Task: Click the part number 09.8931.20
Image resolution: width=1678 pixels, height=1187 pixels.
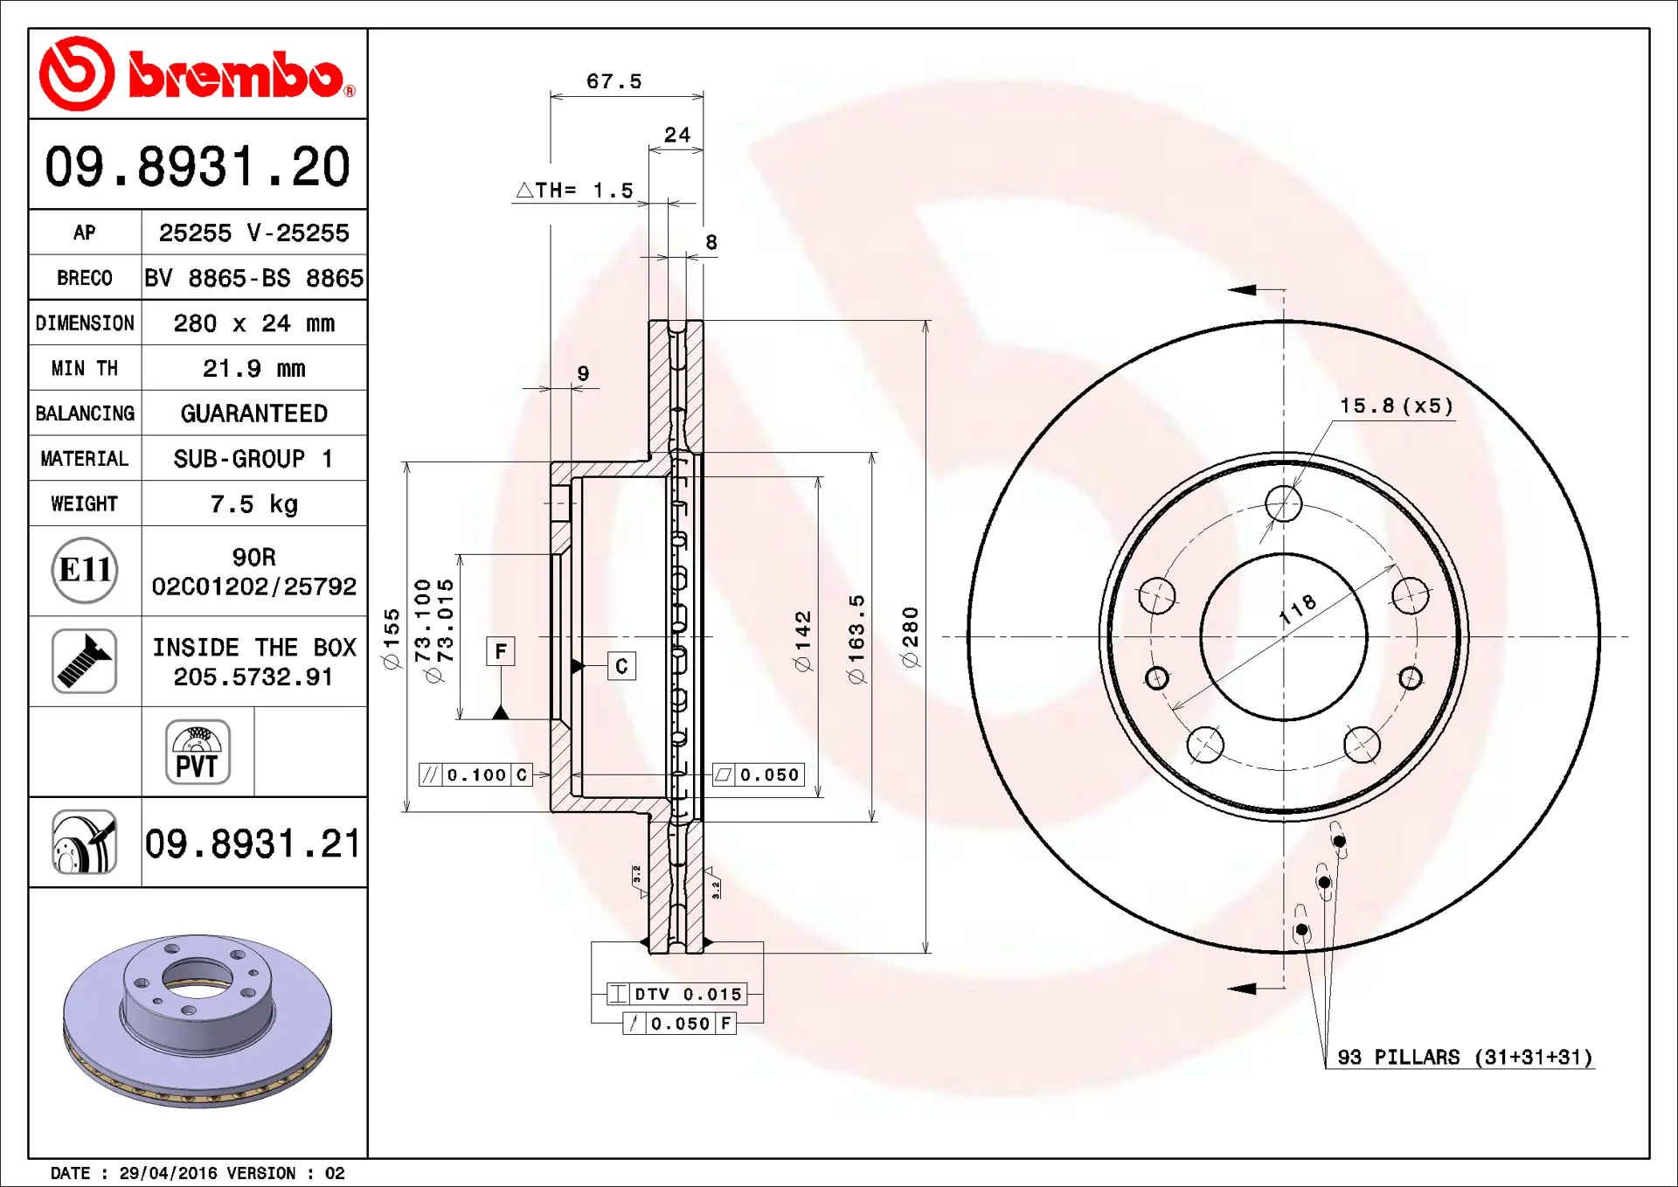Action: pos(198,166)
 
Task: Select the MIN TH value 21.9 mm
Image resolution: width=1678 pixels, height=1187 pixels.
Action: pos(254,368)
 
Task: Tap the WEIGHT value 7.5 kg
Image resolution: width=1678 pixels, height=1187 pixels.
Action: pos(254,504)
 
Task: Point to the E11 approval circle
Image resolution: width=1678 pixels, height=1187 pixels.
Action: pos(85,571)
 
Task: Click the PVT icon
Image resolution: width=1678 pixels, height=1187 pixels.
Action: pos(198,752)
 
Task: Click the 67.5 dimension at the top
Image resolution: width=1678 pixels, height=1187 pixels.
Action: pos(614,81)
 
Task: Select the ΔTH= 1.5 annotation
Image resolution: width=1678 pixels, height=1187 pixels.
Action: pos(575,190)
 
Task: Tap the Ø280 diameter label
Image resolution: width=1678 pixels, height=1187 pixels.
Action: pos(910,637)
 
